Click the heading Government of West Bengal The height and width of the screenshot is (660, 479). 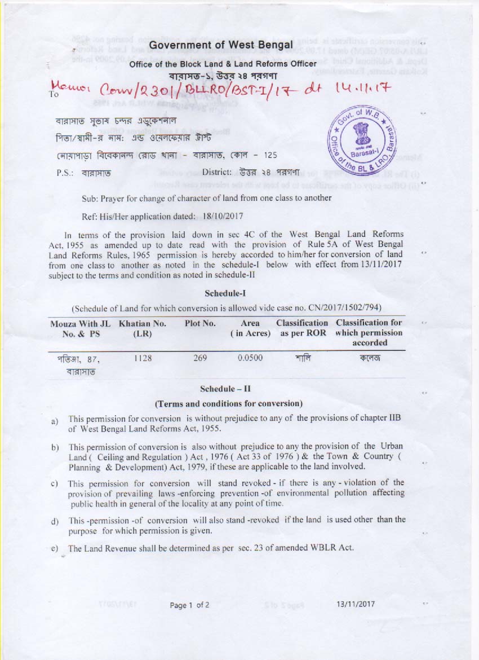click(221, 45)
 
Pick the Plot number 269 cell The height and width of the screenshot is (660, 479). click(200, 358)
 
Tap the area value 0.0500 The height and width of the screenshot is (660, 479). click(250, 358)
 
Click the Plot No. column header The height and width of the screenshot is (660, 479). click(200, 323)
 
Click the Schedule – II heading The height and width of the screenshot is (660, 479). click(225, 389)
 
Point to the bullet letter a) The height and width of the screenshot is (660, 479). click(54, 422)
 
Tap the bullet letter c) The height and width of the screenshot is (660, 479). click(55, 484)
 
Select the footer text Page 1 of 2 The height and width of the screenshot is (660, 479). click(190, 605)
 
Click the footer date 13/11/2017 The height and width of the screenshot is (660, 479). click(356, 604)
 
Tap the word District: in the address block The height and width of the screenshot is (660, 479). click(217, 172)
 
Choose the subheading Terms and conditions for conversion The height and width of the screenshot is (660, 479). click(228, 404)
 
